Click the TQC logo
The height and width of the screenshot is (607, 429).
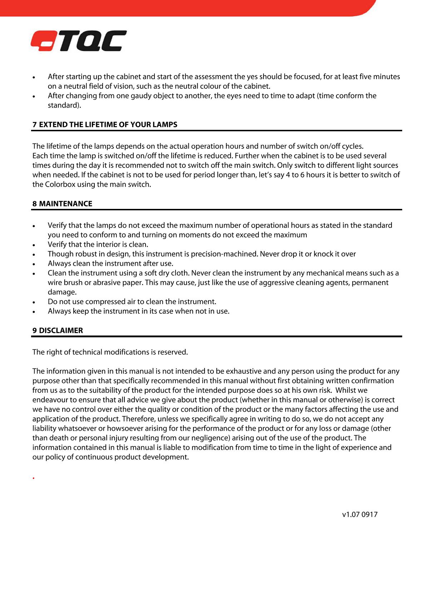pyautogui.click(x=79, y=41)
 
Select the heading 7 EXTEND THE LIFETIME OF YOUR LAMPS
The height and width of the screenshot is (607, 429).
pyautogui.click(x=105, y=125)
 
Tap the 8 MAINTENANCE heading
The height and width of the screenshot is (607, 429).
pyautogui.click(x=62, y=204)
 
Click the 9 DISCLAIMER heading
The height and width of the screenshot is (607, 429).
pyautogui.click(x=58, y=331)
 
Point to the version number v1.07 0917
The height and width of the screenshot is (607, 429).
pyautogui.click(x=360, y=515)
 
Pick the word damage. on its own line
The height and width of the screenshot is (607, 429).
pyautogui.click(x=62, y=292)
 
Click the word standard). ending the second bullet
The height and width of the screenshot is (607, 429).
pyautogui.click(x=64, y=106)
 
